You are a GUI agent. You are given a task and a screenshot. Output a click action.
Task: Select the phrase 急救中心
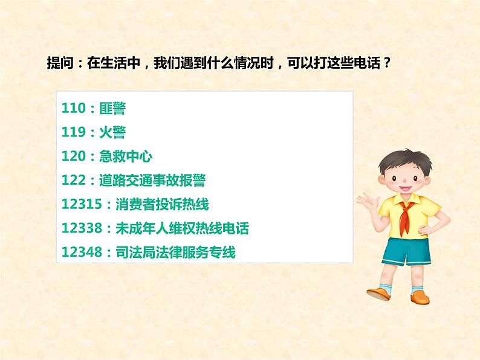(125, 157)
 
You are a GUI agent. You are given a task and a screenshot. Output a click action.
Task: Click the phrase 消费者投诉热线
(161, 205)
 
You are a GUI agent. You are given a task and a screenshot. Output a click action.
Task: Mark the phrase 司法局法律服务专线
(175, 253)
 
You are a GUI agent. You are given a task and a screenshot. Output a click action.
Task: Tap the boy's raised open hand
(365, 200)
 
